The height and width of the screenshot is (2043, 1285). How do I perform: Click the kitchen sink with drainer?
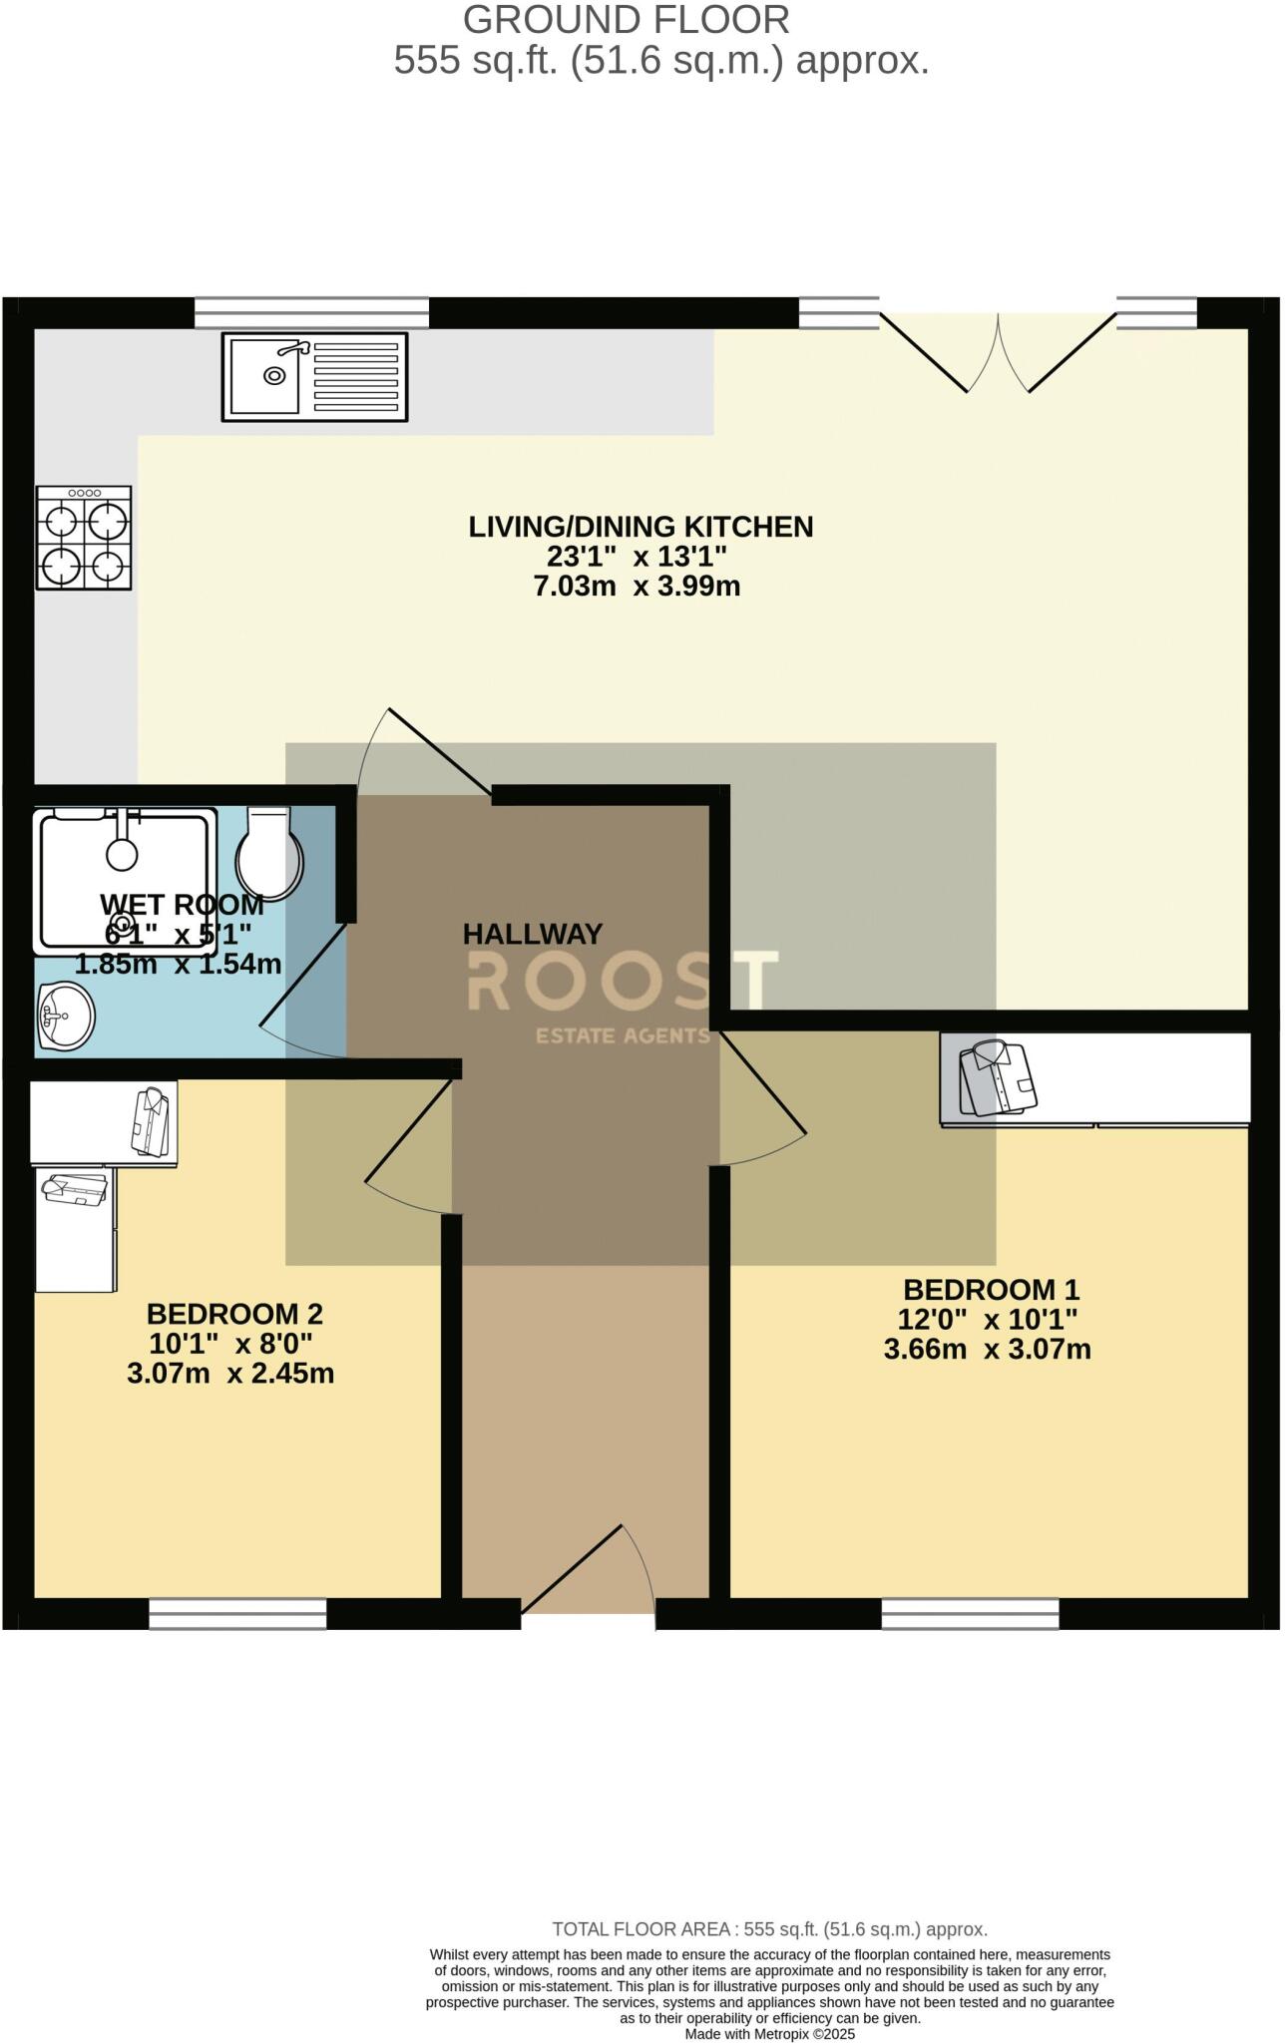(314, 376)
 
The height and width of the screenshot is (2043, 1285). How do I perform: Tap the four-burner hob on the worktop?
(85, 538)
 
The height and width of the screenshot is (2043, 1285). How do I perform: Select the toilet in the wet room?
(270, 852)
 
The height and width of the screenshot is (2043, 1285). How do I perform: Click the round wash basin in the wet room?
(65, 1016)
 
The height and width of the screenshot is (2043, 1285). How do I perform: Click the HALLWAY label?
(533, 935)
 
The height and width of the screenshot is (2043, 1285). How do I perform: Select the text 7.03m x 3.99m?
(638, 587)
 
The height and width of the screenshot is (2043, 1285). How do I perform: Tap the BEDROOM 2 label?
(234, 1314)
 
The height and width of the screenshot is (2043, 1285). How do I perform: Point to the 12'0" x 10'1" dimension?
(987, 1320)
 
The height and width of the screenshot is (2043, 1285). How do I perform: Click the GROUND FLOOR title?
(627, 20)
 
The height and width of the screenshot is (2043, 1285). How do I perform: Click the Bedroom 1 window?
(970, 1614)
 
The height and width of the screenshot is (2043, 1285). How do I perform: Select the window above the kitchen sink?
(311, 312)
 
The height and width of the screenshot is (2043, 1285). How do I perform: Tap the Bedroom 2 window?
(237, 1614)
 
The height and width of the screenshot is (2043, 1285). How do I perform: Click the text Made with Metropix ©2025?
(769, 2034)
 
